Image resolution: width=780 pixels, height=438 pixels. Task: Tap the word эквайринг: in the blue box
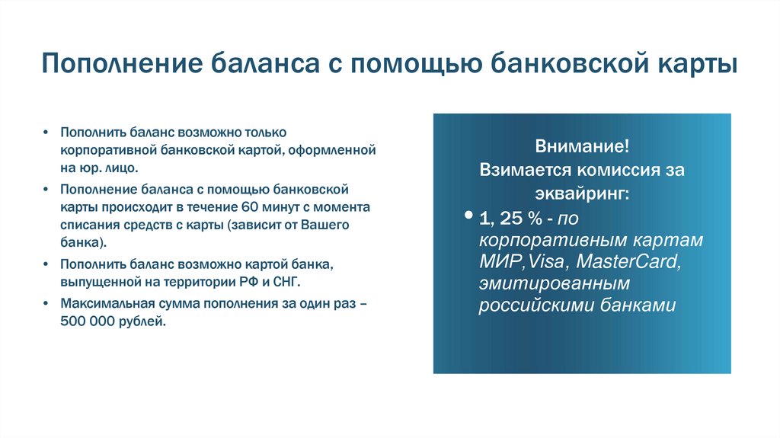coord(582,193)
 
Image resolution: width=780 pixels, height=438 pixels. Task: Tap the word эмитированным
coord(555,284)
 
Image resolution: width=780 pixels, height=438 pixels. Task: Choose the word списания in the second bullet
coord(87,225)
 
